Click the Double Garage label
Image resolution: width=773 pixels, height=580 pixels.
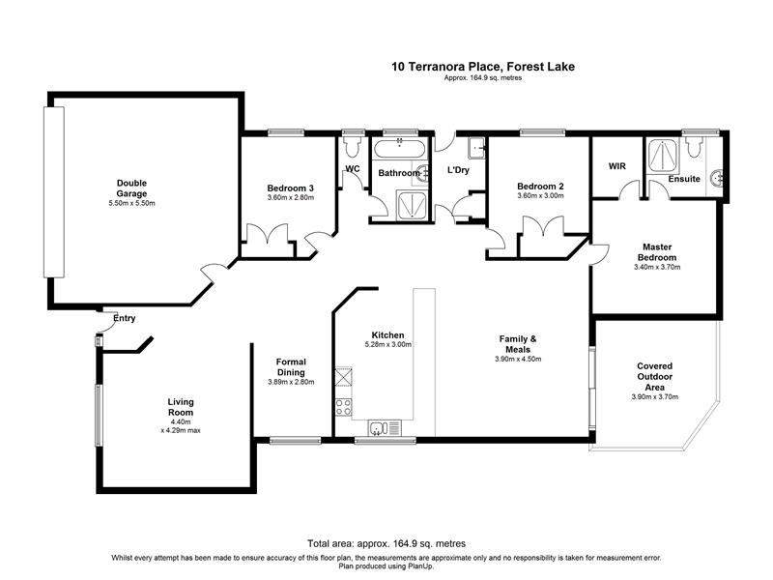point(131,188)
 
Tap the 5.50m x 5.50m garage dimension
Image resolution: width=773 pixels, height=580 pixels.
point(131,203)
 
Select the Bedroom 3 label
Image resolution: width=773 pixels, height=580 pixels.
point(291,188)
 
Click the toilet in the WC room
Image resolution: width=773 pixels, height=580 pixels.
point(353,145)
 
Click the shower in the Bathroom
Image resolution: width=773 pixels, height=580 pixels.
point(412,205)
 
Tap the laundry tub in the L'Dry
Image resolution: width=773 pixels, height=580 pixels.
point(476,148)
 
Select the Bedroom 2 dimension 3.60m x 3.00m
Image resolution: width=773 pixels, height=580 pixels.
point(540,196)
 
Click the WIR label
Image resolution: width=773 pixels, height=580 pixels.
point(616,166)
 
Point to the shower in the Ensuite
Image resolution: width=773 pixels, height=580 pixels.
point(663,156)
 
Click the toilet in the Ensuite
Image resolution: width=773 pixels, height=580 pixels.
point(694,146)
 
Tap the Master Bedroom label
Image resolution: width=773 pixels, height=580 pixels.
point(657,252)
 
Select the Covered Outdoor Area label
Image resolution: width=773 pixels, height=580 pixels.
point(655,377)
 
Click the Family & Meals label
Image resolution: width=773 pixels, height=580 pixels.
point(518,344)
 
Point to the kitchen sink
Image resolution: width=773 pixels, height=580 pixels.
point(385,428)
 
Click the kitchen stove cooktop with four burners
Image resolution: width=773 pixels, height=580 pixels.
point(344,407)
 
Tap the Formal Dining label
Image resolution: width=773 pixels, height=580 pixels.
point(291,367)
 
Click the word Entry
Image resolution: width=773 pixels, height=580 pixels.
point(125,319)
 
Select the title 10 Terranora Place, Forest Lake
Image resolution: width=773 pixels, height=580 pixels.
point(483,67)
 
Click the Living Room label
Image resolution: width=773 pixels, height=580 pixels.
point(181,407)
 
